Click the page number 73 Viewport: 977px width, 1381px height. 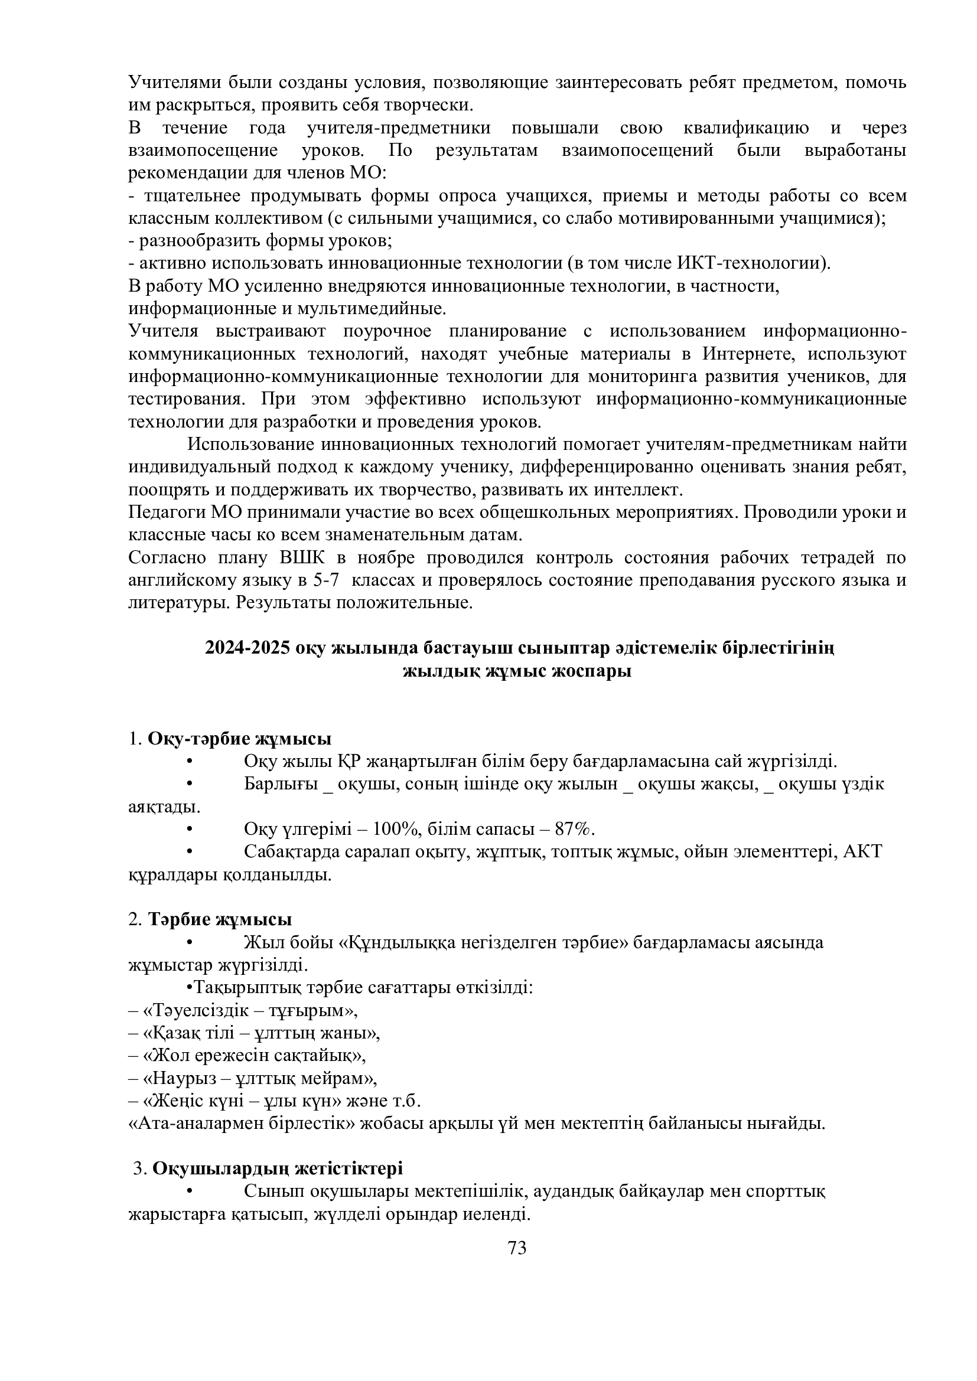pos(517,1248)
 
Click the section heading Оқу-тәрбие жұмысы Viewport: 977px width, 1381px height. pos(239,739)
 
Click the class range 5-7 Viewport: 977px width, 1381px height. pos(326,580)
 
